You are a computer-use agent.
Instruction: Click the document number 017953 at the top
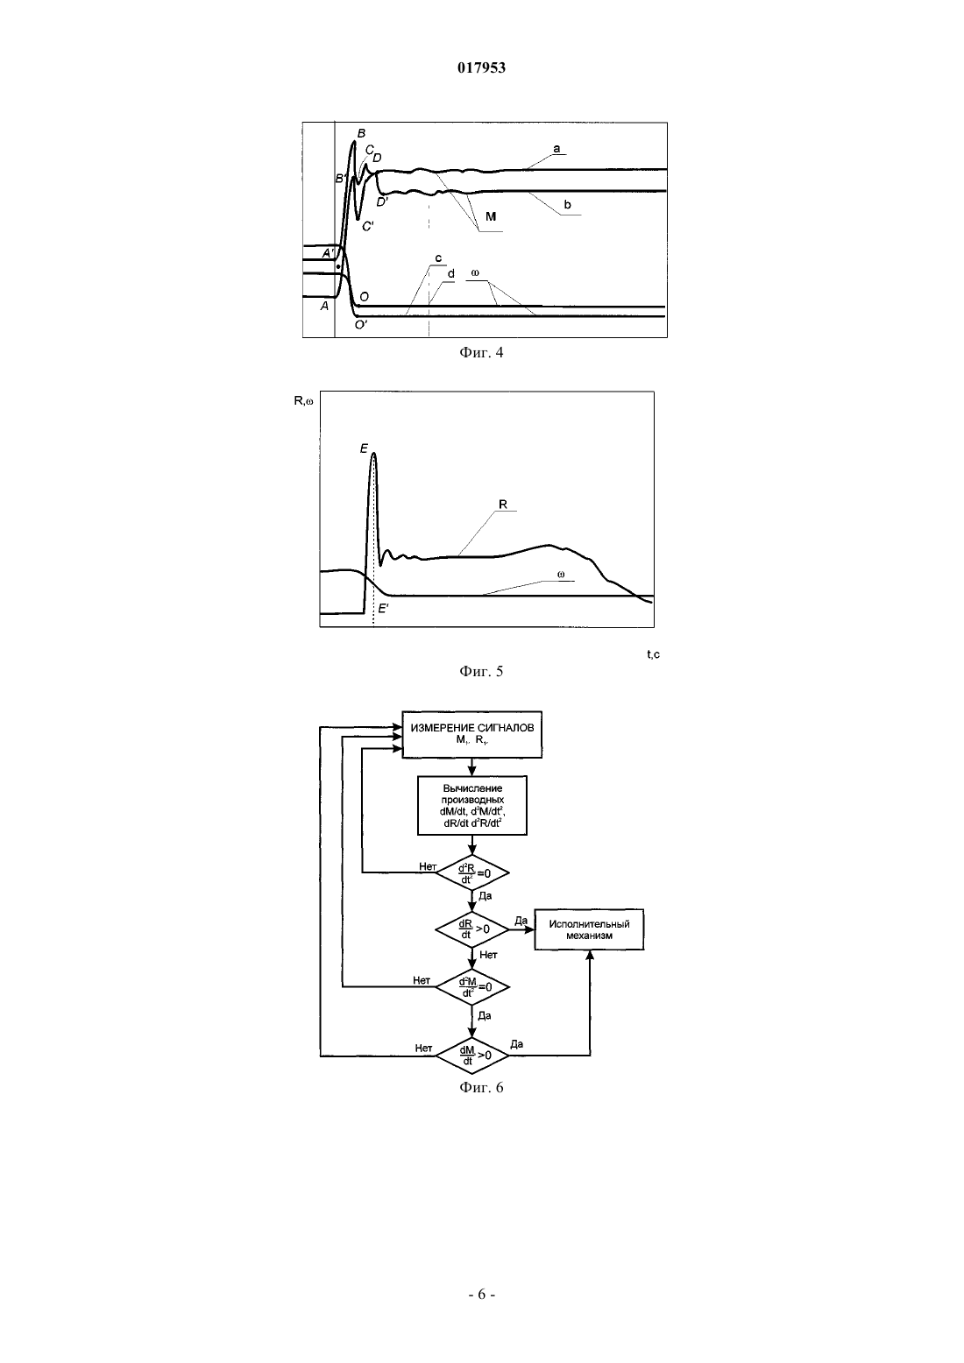click(x=481, y=67)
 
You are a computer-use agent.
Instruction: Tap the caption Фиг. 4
click(x=481, y=352)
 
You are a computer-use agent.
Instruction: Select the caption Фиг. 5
click(x=481, y=671)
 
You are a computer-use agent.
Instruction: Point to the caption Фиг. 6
click(x=481, y=1087)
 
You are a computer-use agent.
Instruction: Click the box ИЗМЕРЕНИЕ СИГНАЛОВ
click(x=472, y=734)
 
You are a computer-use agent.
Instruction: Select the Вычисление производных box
click(x=472, y=805)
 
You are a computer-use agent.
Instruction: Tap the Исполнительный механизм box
click(x=589, y=929)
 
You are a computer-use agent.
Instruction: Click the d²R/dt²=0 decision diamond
click(x=472, y=873)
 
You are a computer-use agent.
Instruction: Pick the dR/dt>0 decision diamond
click(x=472, y=929)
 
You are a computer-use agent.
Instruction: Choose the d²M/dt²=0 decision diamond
click(x=472, y=986)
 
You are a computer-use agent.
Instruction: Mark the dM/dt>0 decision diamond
click(x=472, y=1056)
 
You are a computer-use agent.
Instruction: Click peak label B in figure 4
click(x=361, y=133)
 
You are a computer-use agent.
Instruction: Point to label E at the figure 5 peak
click(x=364, y=448)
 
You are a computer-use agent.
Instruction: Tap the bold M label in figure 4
click(x=491, y=216)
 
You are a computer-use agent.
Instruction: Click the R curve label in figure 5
click(x=503, y=505)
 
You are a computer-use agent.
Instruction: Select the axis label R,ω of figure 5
click(x=304, y=400)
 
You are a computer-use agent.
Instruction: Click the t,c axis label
click(x=653, y=654)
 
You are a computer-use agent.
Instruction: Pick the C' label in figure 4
click(x=367, y=226)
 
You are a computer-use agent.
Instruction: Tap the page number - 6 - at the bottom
click(x=481, y=1295)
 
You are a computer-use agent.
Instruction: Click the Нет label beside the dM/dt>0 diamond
click(x=423, y=1048)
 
